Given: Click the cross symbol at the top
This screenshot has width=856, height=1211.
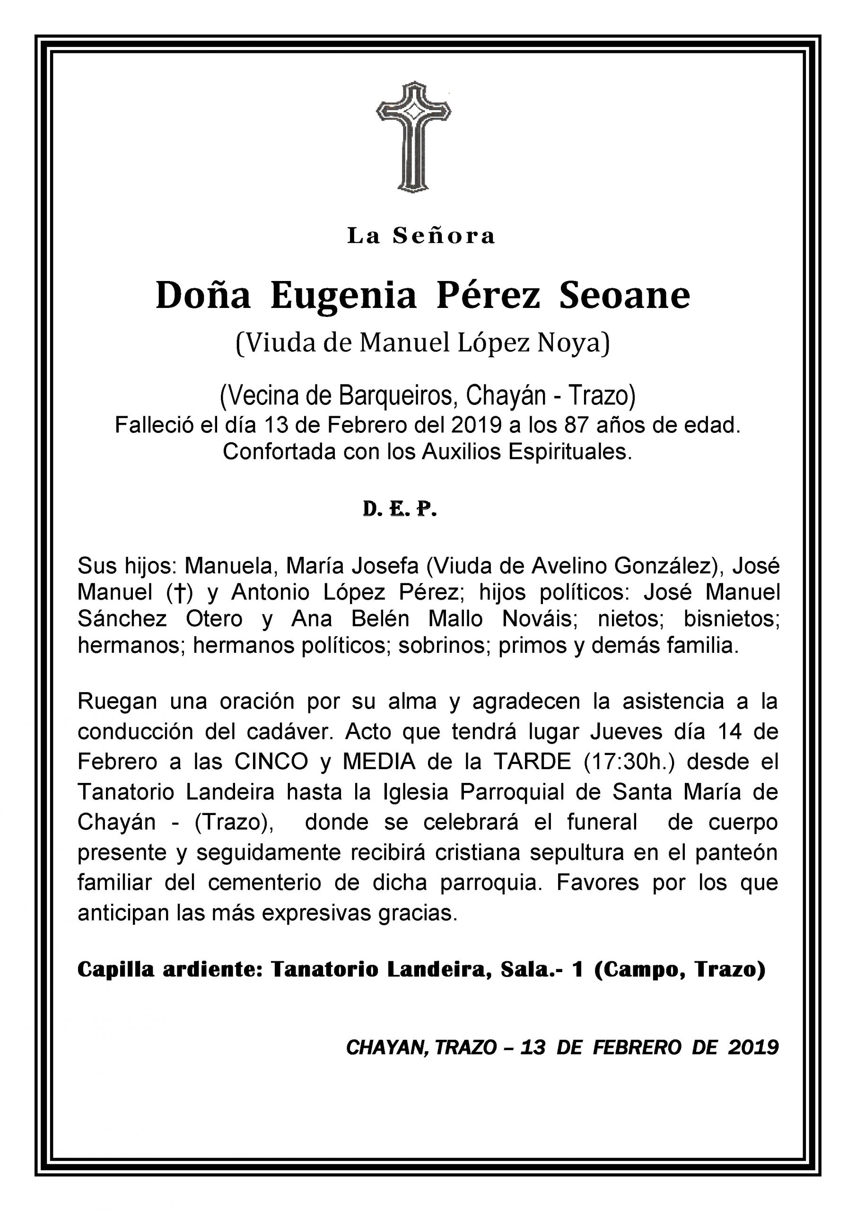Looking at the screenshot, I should click(x=413, y=136).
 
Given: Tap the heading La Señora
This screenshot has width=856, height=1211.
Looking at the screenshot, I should click(x=421, y=236).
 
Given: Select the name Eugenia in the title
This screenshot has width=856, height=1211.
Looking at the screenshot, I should click(x=343, y=297).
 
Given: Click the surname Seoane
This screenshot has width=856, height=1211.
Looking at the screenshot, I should click(x=624, y=297).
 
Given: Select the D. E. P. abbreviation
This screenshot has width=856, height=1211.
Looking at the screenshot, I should click(x=400, y=509).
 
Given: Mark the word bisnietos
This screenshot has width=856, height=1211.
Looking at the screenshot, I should click(x=732, y=619).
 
